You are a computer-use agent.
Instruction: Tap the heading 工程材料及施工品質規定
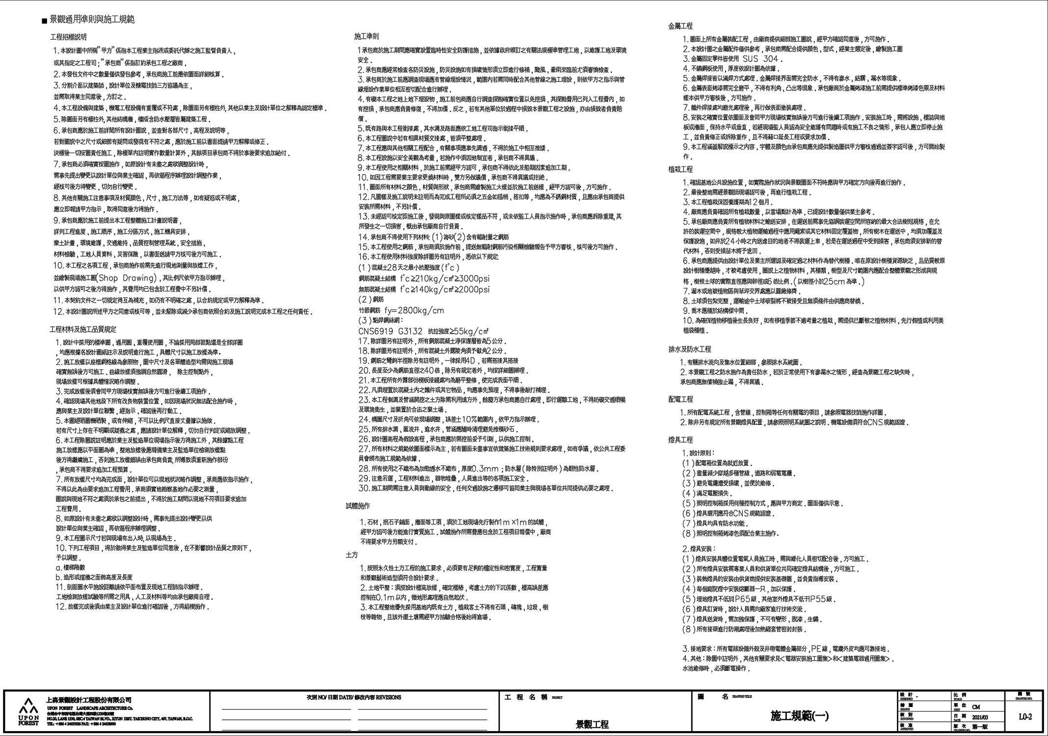coord(83,330)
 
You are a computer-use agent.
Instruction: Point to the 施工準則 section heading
coord(366,37)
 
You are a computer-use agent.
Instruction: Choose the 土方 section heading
coord(352,555)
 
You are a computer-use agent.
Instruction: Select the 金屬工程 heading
coord(681,26)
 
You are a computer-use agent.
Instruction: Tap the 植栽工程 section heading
coord(681,169)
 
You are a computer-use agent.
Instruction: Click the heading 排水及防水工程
coord(689,349)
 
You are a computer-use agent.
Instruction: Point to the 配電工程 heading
coord(681,399)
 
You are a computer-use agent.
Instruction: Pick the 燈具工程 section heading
coord(681,440)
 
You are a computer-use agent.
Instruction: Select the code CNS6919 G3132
coord(390,331)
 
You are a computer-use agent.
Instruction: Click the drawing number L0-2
coord(1025,717)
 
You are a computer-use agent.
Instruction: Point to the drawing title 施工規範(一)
coord(799,716)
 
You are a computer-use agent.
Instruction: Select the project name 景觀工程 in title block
coord(592,725)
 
